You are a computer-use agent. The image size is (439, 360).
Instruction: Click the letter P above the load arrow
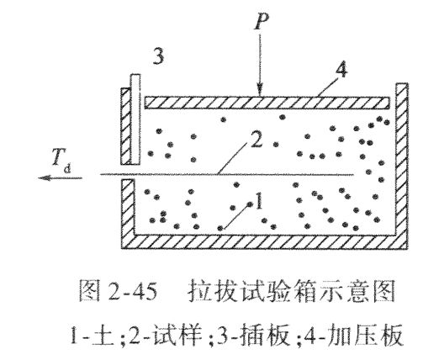point(262,20)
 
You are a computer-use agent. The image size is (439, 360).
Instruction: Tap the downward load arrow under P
point(260,65)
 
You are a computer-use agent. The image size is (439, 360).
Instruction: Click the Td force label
point(61,161)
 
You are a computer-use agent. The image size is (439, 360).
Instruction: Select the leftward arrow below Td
point(60,177)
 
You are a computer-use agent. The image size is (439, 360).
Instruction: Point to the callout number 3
point(158,56)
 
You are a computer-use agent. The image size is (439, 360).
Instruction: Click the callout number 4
point(341,69)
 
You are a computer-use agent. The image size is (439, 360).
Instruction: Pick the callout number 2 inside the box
point(256,140)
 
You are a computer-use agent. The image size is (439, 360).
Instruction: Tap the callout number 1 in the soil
point(259,200)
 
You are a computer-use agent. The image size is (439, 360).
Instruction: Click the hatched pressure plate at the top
point(267,103)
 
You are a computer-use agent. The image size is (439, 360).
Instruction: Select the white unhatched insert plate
point(135,119)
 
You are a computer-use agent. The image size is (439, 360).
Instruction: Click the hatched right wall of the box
point(402,162)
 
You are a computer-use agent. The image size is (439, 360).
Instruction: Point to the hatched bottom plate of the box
point(264,242)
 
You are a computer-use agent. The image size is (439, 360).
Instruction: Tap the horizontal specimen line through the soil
point(227,175)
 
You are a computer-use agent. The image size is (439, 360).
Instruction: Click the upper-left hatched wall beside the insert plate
point(125,126)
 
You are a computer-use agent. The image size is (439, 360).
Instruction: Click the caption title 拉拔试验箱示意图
point(292,291)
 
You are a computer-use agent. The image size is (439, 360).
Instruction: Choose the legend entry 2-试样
point(166,336)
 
